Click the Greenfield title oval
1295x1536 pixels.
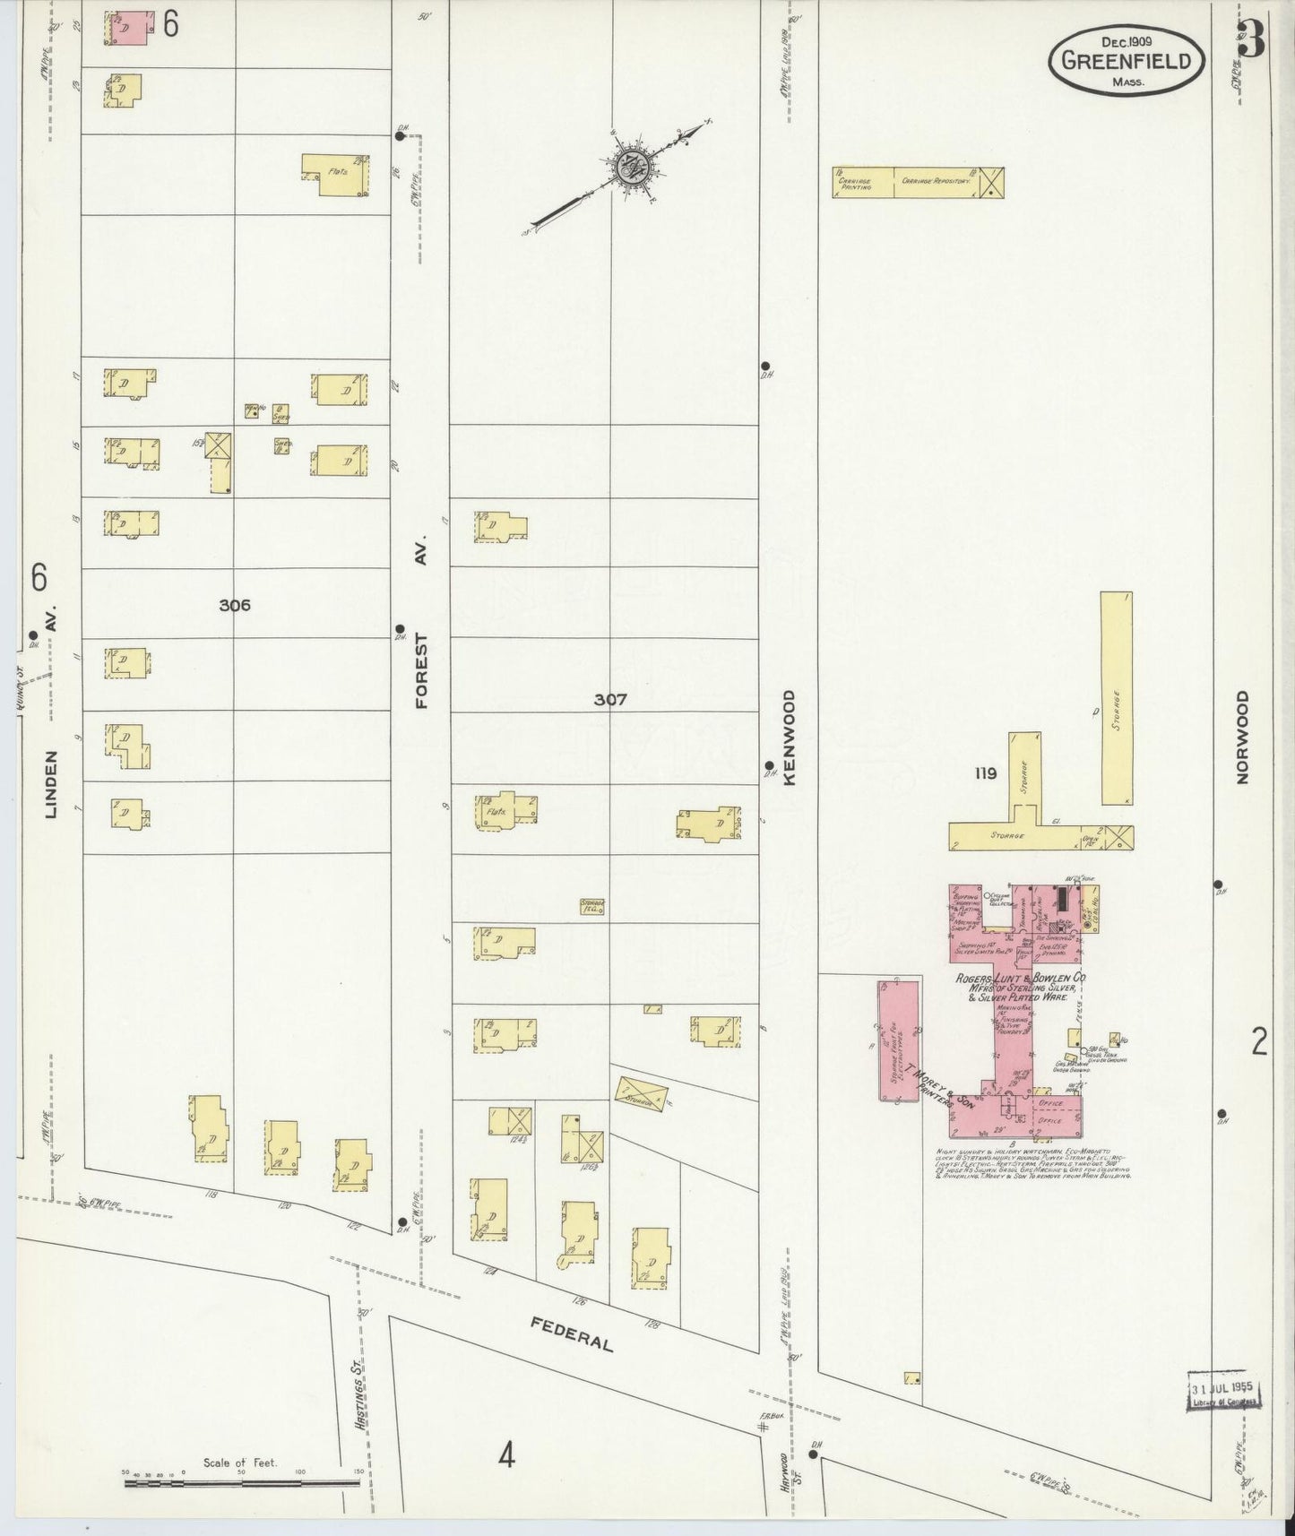pyautogui.click(x=1127, y=60)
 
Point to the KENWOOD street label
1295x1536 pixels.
pyautogui.click(x=790, y=738)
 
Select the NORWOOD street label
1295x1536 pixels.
pyautogui.click(x=1241, y=738)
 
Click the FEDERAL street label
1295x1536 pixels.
pyautogui.click(x=571, y=1333)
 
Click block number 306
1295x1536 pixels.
pyautogui.click(x=234, y=605)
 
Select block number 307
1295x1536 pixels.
pyautogui.click(x=609, y=699)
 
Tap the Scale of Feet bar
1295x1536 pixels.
pyautogui.click(x=242, y=1482)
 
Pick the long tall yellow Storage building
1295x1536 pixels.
pyautogui.click(x=1116, y=697)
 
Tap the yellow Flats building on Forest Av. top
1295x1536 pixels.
pyautogui.click(x=336, y=173)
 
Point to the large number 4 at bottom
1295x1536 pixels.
pyautogui.click(x=506, y=1457)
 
